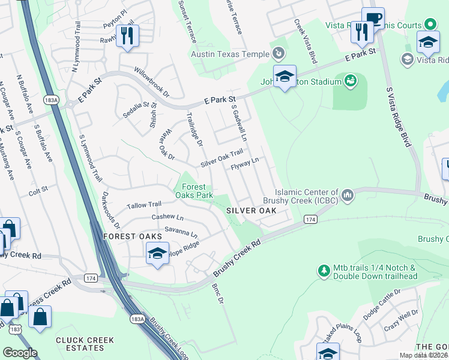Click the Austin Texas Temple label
pyautogui.click(x=230, y=54)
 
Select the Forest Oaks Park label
pyautogui.click(x=194, y=191)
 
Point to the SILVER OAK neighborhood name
pyautogui.click(x=251, y=211)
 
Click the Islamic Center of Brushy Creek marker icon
pyautogui.click(x=348, y=196)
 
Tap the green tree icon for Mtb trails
pyautogui.click(x=324, y=271)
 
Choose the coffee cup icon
pyautogui.click(x=372, y=18)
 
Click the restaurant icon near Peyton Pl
pyautogui.click(x=127, y=35)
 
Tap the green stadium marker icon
pyautogui.click(x=351, y=80)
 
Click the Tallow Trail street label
pyautogui.click(x=144, y=205)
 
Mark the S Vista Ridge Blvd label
pyautogui.click(x=398, y=117)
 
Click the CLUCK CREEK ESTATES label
pyautogui.click(x=85, y=344)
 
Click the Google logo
pyautogui.click(x=20, y=353)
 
